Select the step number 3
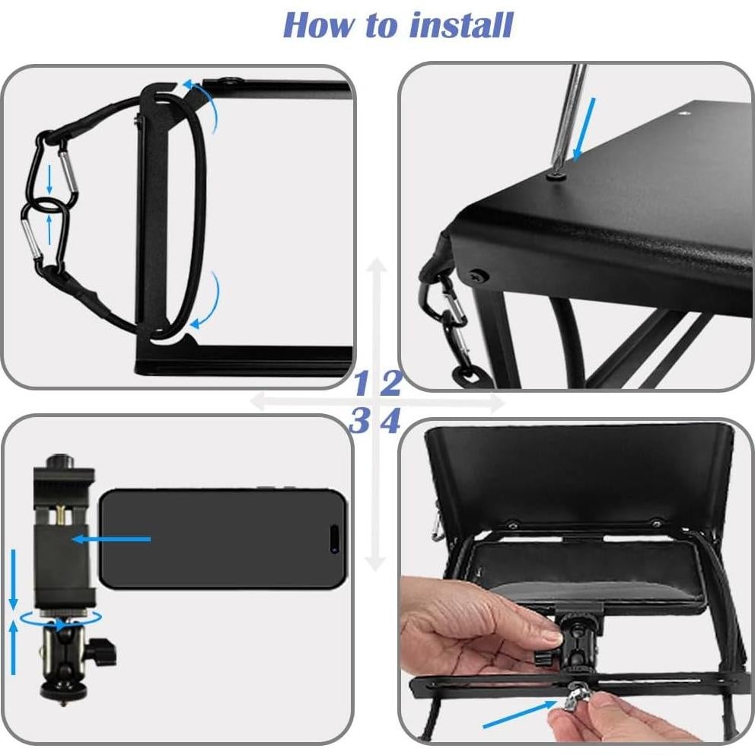click(358, 421)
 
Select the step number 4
click(390, 421)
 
